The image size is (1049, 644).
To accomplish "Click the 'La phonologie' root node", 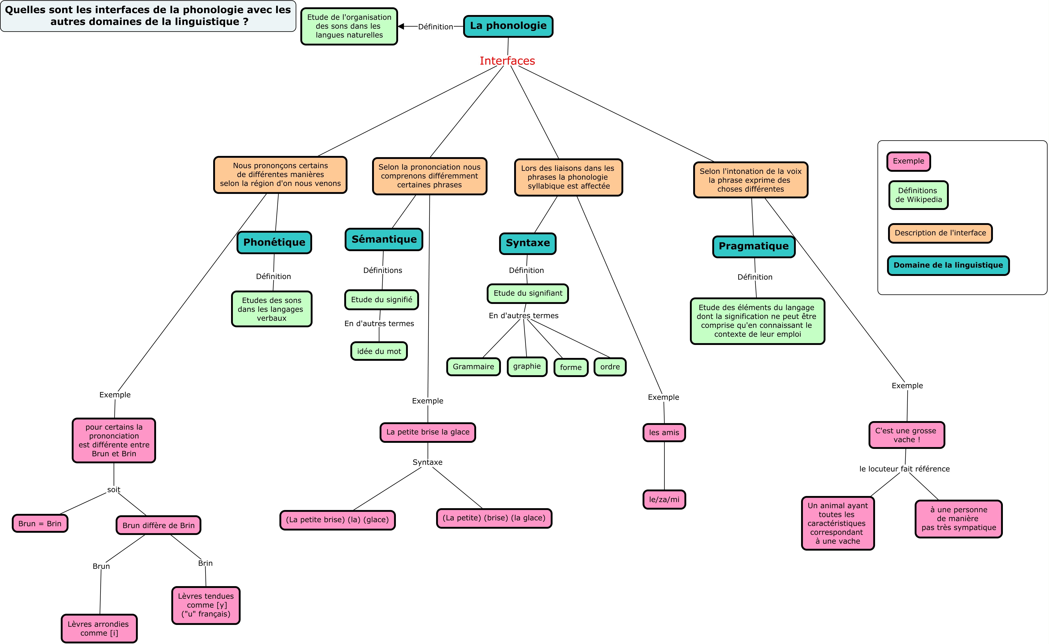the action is tap(508, 26).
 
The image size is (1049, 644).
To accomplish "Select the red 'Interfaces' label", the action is tap(507, 61).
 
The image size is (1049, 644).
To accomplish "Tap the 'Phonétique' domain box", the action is tap(274, 242).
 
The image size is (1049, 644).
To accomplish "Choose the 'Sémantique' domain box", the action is tap(384, 239).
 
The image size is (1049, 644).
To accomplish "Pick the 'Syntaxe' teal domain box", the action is tap(528, 243).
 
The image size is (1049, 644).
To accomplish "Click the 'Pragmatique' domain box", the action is tap(754, 247).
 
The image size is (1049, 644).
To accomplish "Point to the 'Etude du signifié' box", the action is tap(381, 300).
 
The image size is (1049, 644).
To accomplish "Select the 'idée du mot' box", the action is tap(379, 351).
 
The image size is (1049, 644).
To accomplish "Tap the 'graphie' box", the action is tap(527, 366).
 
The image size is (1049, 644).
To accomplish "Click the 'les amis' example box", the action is tap(664, 433).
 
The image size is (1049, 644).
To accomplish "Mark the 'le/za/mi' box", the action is tap(664, 500).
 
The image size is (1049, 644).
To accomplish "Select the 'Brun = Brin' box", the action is tap(40, 524).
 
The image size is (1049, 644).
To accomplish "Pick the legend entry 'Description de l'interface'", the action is tap(940, 233).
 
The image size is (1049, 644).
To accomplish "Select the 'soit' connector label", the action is tap(114, 490).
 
